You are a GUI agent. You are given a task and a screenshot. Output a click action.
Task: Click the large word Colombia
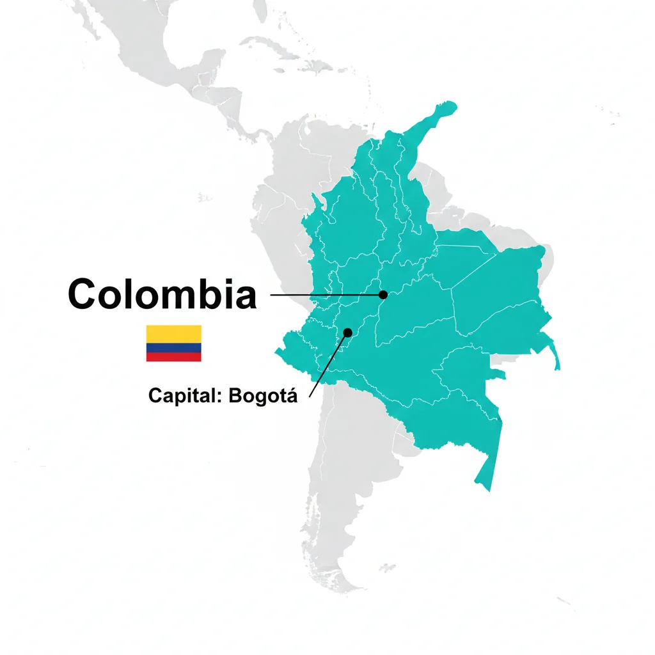(x=162, y=295)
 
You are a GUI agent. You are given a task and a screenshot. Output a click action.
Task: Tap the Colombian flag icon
(x=173, y=343)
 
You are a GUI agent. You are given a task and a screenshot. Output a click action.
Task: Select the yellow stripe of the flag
(x=173, y=333)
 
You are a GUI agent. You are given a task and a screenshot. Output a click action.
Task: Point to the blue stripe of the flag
(x=173, y=348)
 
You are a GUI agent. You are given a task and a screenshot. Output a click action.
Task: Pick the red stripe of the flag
(x=173, y=357)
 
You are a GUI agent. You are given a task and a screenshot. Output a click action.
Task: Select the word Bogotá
(x=263, y=396)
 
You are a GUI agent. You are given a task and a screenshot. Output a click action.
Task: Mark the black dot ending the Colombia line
(x=383, y=295)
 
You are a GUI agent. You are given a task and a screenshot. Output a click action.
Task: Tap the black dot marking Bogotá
(x=348, y=332)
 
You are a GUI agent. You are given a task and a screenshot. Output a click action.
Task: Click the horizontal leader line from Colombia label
(x=326, y=295)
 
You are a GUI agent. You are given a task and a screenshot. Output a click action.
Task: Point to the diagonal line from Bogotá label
(x=327, y=366)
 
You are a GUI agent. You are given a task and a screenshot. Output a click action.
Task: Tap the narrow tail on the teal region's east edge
(x=557, y=362)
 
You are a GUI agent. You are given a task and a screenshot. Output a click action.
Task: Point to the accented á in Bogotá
(x=292, y=396)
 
